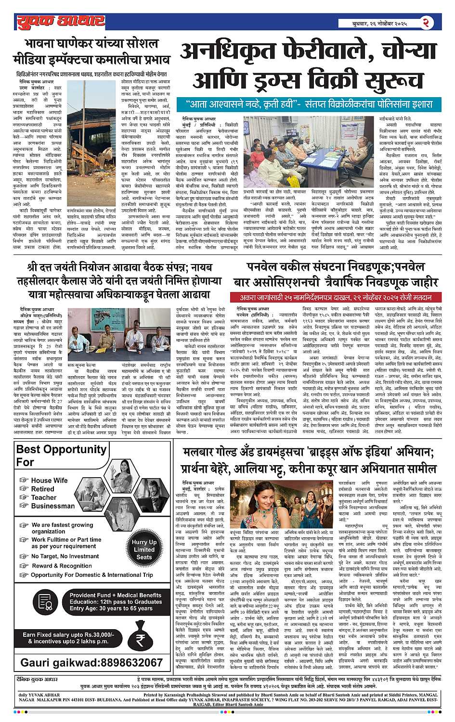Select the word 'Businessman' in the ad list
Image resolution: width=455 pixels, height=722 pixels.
(53, 506)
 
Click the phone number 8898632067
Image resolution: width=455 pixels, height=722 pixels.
(91, 662)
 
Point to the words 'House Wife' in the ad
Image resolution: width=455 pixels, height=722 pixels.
(49, 481)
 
